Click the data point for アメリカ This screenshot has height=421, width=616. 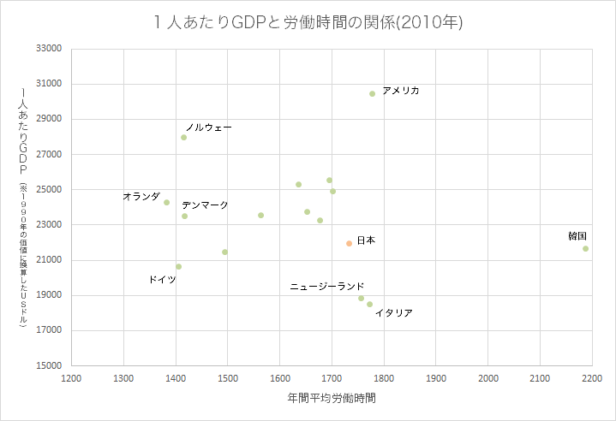(x=372, y=94)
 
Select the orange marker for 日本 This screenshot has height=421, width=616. (x=349, y=244)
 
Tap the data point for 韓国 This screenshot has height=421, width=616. (x=585, y=249)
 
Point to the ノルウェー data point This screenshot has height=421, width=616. (x=183, y=138)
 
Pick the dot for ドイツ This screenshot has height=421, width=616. (x=178, y=267)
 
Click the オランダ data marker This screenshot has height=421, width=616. (x=166, y=203)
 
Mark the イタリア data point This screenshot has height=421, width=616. (x=369, y=305)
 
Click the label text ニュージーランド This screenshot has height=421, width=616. (x=326, y=287)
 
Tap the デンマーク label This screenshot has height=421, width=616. (x=205, y=205)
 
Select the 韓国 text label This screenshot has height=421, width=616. (x=577, y=236)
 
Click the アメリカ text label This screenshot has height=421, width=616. (x=401, y=91)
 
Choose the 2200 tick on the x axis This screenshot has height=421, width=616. (x=591, y=377)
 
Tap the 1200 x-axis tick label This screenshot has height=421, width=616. (x=72, y=377)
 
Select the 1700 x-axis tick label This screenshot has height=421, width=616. (x=332, y=377)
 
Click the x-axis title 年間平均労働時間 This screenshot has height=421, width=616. (x=332, y=399)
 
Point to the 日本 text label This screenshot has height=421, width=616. (x=366, y=240)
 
